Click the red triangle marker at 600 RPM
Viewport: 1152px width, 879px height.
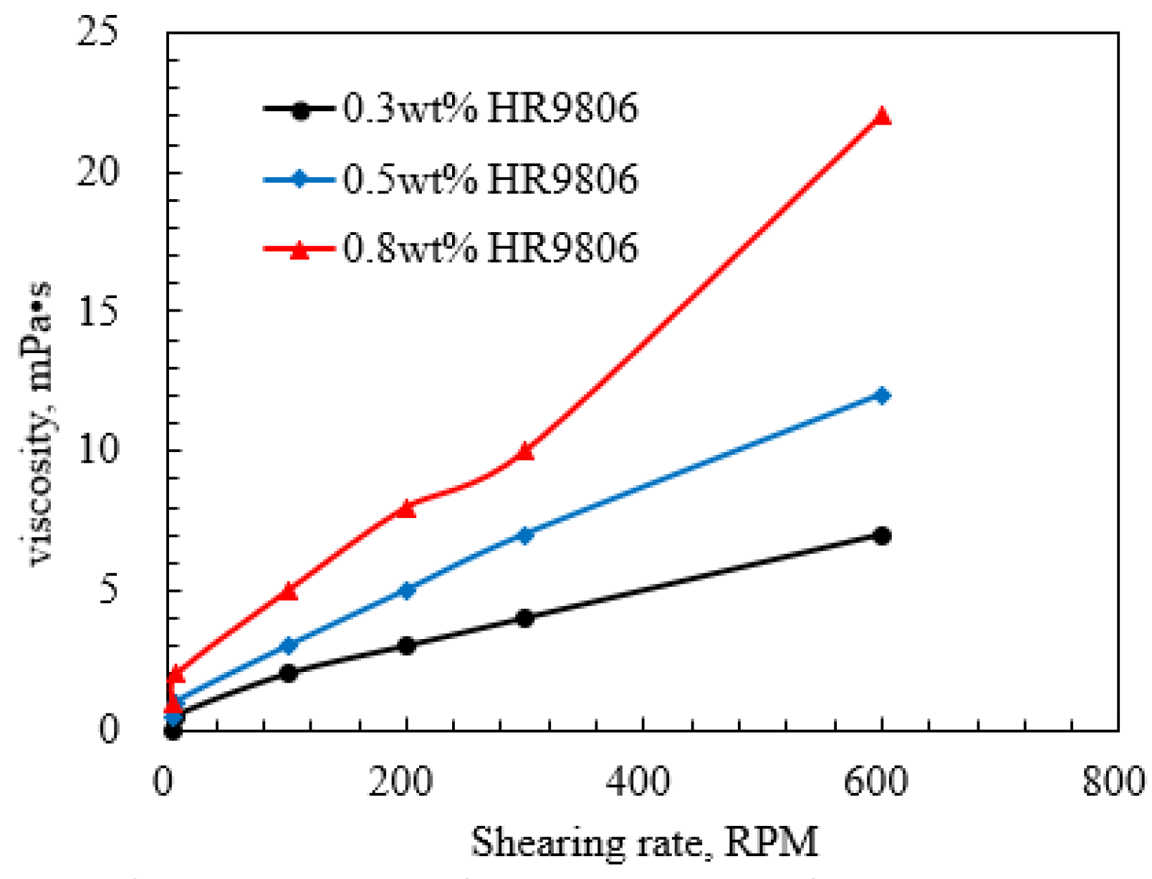(882, 117)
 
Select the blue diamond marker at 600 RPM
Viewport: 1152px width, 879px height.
(882, 395)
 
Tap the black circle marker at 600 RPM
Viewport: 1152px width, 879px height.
(882, 536)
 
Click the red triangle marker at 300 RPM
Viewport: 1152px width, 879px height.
(525, 451)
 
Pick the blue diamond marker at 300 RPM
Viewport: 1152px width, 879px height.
(525, 535)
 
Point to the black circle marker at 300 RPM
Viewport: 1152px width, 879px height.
(525, 618)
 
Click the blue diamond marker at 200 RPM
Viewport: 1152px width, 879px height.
(406, 591)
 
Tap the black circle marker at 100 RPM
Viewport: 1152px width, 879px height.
(289, 673)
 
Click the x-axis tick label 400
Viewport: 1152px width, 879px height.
(638, 782)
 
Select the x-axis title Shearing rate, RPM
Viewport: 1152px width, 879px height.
(644, 842)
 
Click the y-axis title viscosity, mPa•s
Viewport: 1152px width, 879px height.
(41, 423)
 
